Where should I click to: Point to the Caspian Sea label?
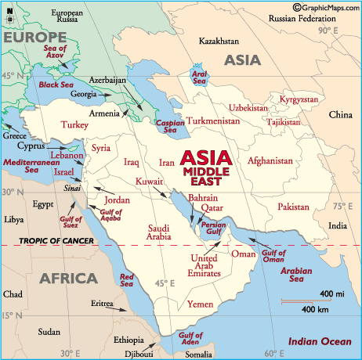pyautogui.click(x=170, y=126)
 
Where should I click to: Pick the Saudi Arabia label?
pyautogui.click(x=144, y=232)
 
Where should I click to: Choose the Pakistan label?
pyautogui.click(x=294, y=207)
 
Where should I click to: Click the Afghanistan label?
pyautogui.click(x=270, y=161)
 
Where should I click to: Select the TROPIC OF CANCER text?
pyautogui.click(x=50, y=240)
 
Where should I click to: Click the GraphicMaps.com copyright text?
pyautogui.click(x=323, y=7)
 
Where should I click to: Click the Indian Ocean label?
pyautogui.click(x=319, y=341)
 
